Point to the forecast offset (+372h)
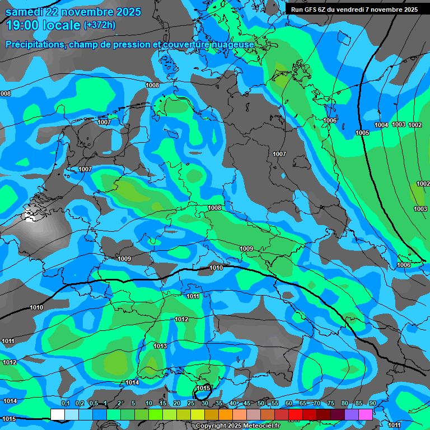(100, 25)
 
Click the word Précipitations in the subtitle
(34, 44)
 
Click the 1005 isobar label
(362, 133)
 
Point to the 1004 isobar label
(381, 125)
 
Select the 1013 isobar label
(160, 346)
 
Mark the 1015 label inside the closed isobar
(203, 388)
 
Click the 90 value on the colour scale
(372, 403)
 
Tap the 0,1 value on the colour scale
(65, 403)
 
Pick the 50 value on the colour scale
(261, 403)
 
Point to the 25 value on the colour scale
(191, 403)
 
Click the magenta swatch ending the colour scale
(366, 414)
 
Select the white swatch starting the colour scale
(57, 414)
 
